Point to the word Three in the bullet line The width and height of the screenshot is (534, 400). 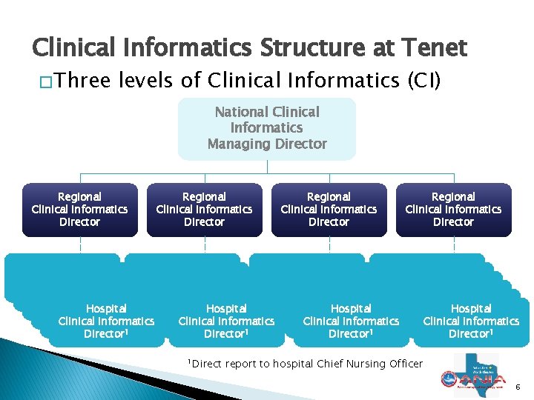82,79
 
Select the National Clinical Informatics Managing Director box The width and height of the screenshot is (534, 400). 267,128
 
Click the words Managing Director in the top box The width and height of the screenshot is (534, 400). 267,144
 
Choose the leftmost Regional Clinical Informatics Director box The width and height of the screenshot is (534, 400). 79,210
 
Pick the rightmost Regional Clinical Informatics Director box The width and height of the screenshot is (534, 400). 453,210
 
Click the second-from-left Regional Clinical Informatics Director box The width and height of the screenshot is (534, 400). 204,210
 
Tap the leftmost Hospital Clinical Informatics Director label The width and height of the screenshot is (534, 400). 106,321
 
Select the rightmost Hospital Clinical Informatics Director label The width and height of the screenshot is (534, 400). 471,321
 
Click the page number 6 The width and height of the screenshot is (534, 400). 518,387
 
